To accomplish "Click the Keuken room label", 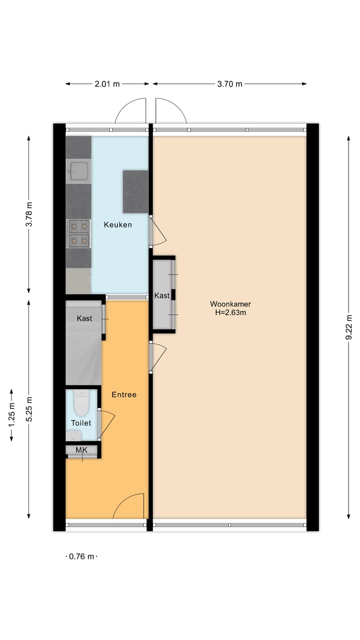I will point(118,224).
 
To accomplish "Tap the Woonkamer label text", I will point(230,303).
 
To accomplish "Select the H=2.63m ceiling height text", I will point(230,313).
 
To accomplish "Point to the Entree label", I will point(124,394).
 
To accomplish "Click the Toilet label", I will point(81,423).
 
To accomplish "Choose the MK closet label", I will point(81,450).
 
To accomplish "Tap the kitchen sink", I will point(79,171).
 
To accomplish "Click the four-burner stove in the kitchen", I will point(79,233).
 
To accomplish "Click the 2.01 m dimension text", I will point(107,84).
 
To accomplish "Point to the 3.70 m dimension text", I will point(229,84).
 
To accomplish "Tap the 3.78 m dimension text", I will point(29,214).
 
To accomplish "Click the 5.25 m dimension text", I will point(29,409).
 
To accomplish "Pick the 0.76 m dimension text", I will point(81,556).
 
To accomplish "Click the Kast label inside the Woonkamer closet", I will point(162,295).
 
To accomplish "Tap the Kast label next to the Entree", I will point(84,318).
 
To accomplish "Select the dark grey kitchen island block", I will point(135,191).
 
